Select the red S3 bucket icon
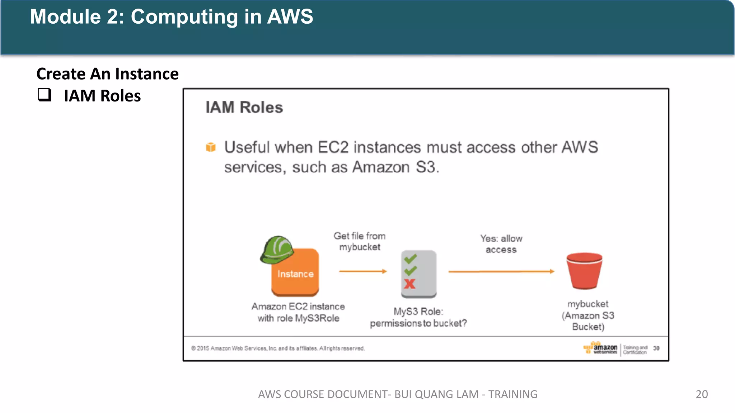pos(584,271)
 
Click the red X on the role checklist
pos(409,284)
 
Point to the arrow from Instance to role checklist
pos(363,271)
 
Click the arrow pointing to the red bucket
pos(501,271)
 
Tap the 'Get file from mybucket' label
pos(360,241)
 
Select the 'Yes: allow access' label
pos(501,244)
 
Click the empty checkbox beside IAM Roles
pos(45,95)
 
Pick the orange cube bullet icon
pos(211,147)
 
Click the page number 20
pos(702,394)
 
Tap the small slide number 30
pos(656,348)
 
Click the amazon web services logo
pos(601,348)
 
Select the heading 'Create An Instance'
pos(108,74)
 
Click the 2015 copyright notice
pos(278,348)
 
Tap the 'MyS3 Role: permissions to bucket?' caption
pos(418,317)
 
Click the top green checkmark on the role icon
pos(410,259)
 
